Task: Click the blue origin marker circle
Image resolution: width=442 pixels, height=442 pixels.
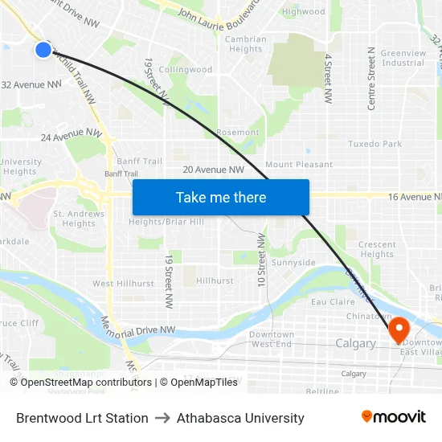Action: point(43,50)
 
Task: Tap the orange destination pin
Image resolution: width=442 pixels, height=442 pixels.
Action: point(399,329)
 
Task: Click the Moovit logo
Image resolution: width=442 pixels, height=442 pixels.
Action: point(393,417)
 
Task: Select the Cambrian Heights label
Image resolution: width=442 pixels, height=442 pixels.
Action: point(245,44)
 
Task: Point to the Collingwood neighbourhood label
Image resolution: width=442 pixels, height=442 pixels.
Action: point(186,70)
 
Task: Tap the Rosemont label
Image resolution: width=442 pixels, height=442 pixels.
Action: point(238,133)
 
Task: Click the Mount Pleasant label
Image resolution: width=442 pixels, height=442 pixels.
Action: point(299,165)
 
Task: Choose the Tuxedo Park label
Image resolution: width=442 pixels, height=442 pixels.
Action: point(374,144)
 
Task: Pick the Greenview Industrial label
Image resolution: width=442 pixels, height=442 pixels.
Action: point(403,58)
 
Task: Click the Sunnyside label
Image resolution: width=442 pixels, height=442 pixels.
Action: point(293,263)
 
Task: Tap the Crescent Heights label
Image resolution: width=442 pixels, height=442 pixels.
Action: point(377,250)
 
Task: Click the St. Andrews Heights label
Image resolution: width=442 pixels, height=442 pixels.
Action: point(79,219)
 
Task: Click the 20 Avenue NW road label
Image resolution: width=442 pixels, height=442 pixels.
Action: point(213,170)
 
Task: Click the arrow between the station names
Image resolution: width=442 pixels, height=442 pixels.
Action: point(162,418)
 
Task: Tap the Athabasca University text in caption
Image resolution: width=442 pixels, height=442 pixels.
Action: point(240,418)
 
